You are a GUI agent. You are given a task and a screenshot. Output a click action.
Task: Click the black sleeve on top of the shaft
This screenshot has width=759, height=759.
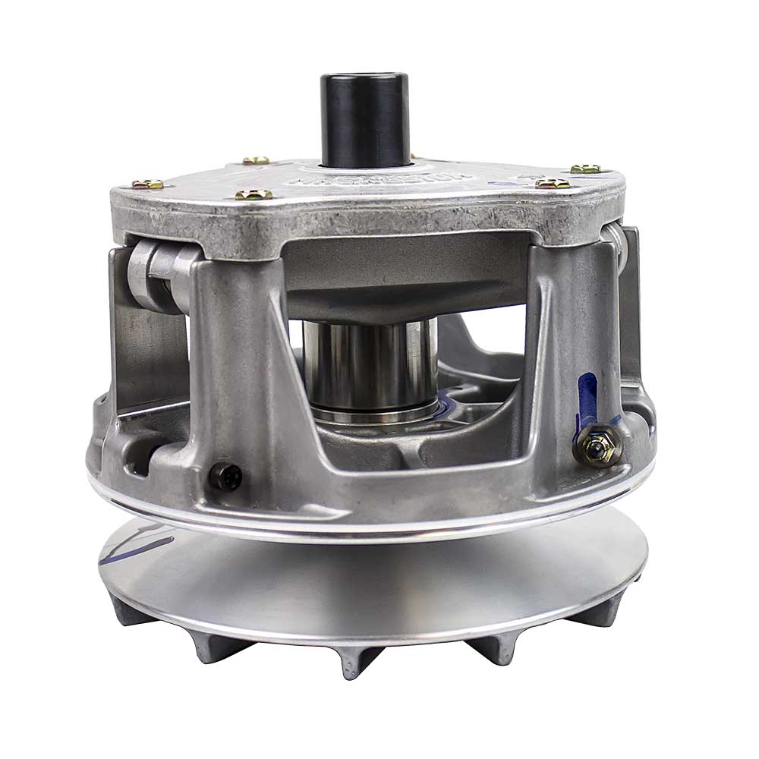pyautogui.click(x=364, y=118)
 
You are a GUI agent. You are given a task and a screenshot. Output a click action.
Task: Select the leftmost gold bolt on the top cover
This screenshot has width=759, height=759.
pyautogui.click(x=146, y=184)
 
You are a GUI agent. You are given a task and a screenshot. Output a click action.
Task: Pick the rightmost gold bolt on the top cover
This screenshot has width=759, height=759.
pyautogui.click(x=585, y=168)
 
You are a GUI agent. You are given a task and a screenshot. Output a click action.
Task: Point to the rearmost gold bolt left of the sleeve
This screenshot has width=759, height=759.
pyautogui.click(x=256, y=160)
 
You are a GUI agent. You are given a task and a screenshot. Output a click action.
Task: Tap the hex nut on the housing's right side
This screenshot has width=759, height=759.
pyautogui.click(x=597, y=449)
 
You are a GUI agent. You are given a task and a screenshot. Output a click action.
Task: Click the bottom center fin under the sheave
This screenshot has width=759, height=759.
pyautogui.click(x=351, y=660)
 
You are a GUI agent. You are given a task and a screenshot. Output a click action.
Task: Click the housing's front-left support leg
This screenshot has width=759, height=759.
pyautogui.click(x=228, y=364)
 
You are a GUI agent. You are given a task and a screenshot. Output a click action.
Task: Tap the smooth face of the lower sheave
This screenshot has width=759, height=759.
pyautogui.click(x=379, y=577)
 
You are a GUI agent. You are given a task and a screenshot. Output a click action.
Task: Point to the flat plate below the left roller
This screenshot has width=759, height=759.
pyautogui.click(x=148, y=342)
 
